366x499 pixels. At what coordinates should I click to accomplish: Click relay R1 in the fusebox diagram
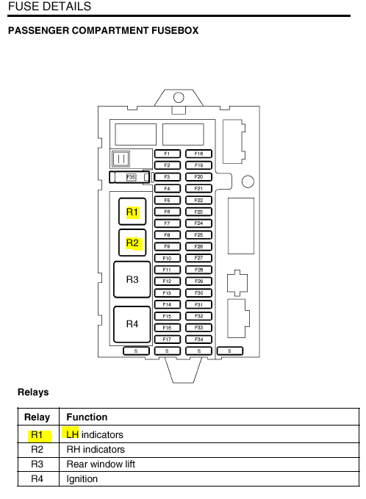[132, 212]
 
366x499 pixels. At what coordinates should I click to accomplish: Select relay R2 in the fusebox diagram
[132, 243]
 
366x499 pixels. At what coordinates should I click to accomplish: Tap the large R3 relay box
[132, 280]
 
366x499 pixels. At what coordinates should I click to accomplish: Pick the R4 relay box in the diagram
[132, 324]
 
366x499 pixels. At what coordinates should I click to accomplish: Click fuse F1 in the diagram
[168, 154]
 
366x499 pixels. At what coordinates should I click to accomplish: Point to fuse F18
[198, 154]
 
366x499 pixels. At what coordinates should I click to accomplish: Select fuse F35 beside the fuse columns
[129, 177]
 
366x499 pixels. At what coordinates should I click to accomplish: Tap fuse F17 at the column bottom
[168, 340]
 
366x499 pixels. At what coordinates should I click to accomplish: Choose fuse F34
[198, 340]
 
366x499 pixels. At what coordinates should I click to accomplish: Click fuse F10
[168, 258]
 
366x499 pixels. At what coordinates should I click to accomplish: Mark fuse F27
[198, 258]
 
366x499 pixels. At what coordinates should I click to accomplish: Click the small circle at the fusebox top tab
[179, 98]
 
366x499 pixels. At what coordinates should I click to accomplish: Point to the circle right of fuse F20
[248, 182]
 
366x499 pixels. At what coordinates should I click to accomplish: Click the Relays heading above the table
[33, 392]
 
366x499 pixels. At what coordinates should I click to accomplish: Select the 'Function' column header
[87, 417]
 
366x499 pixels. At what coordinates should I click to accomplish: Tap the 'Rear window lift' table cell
[101, 464]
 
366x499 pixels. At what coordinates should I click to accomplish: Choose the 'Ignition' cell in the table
[82, 479]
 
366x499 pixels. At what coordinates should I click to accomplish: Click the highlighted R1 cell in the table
[37, 435]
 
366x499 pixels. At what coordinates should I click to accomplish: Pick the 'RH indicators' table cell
[96, 449]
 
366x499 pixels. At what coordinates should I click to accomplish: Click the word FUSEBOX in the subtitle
[175, 31]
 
